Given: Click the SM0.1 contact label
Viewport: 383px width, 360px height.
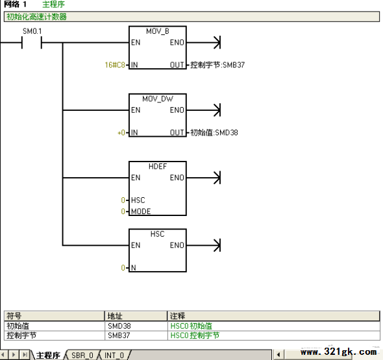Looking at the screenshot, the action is pyautogui.click(x=32, y=31).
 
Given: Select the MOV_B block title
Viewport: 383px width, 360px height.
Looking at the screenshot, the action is pyautogui.click(x=158, y=31).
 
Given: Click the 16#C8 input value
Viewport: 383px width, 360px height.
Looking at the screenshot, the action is pyautogui.click(x=115, y=65).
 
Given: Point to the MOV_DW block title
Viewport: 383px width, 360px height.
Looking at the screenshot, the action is pyautogui.click(x=158, y=99).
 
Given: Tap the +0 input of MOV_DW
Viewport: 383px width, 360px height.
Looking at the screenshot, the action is pyautogui.click(x=121, y=132).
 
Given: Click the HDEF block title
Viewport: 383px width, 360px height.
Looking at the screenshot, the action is pyautogui.click(x=158, y=167).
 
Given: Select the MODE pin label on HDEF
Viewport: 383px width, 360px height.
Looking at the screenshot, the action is pyautogui.click(x=141, y=211).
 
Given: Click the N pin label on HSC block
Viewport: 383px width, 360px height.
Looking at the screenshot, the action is pyautogui.click(x=133, y=268).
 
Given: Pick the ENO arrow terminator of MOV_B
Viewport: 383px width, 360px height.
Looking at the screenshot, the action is pyautogui.click(x=217, y=42).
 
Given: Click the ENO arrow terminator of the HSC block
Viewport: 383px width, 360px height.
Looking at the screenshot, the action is pyautogui.click(x=217, y=245).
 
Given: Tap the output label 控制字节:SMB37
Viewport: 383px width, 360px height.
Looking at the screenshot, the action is pyautogui.click(x=217, y=65).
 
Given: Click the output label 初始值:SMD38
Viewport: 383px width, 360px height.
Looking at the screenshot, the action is pyautogui.click(x=214, y=132).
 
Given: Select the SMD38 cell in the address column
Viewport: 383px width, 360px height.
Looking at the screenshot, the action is pyautogui.click(x=119, y=326).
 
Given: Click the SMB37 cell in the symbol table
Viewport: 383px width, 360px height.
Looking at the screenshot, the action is pyautogui.click(x=119, y=335).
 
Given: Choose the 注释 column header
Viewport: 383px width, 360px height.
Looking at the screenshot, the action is pyautogui.click(x=178, y=316).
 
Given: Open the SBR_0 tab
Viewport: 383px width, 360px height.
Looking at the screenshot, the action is pyautogui.click(x=82, y=355).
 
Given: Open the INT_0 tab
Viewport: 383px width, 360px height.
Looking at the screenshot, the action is pyautogui.click(x=114, y=355).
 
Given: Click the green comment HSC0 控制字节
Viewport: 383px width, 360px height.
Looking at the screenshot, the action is pyautogui.click(x=195, y=335).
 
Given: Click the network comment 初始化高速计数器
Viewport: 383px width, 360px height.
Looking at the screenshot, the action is pyautogui.click(x=36, y=17).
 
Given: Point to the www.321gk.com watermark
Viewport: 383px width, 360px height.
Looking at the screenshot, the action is pyautogui.click(x=339, y=352).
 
